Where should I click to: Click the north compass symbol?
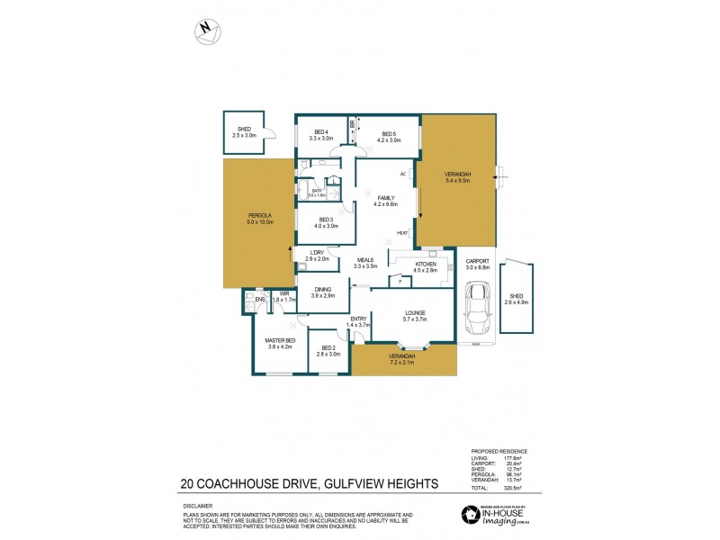point(209,31)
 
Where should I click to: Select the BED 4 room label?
point(320,136)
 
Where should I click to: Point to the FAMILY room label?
point(384,201)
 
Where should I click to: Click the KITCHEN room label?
point(425,266)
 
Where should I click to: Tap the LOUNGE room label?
point(415,316)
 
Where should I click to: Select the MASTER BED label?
point(280,343)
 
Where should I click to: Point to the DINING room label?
point(323,292)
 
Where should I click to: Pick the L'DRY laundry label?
point(317,256)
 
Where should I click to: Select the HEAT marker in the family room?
point(402,233)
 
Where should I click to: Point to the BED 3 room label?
point(326,222)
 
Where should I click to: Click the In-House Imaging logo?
point(499,515)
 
